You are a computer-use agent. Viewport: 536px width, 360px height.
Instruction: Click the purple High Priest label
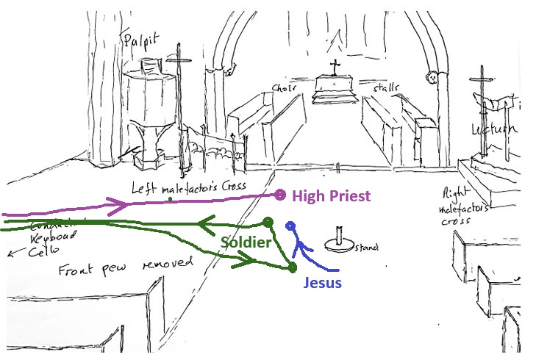click(331, 196)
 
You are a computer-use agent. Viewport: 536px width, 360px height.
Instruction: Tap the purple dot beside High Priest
click(279, 195)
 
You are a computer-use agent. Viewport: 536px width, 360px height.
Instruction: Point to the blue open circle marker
click(290, 226)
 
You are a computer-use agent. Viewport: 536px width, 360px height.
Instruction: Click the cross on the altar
click(335, 68)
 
